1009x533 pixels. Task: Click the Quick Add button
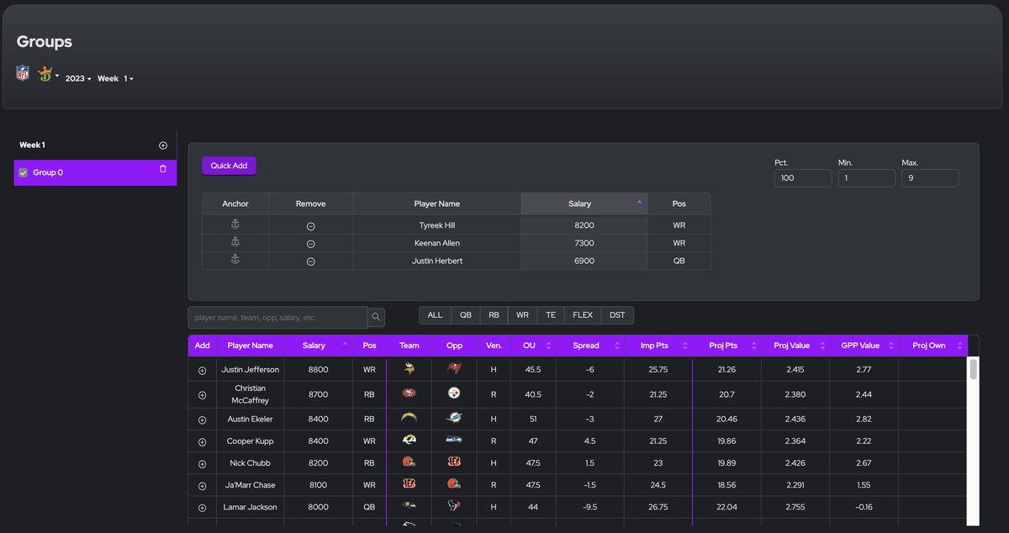(x=229, y=166)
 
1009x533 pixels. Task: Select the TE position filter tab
(x=550, y=315)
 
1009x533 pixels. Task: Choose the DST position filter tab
(x=617, y=315)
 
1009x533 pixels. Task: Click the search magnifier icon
(x=377, y=317)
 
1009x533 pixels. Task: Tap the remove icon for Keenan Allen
(x=310, y=244)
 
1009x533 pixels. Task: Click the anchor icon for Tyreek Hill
(x=235, y=225)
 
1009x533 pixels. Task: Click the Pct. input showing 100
(x=803, y=178)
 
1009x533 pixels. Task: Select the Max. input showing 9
(x=930, y=178)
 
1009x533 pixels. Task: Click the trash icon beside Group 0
(x=163, y=169)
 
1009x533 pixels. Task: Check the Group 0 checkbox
(x=24, y=172)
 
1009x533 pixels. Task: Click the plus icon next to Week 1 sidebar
(x=163, y=145)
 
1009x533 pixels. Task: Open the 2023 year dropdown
(x=78, y=78)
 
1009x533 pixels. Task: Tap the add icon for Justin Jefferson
(x=202, y=370)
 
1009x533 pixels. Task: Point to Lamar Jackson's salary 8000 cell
(x=318, y=507)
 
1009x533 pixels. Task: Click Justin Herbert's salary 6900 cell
(x=584, y=261)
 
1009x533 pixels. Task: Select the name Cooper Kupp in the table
(x=250, y=441)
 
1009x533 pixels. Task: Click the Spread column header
(x=586, y=346)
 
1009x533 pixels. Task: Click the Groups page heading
(x=45, y=42)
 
